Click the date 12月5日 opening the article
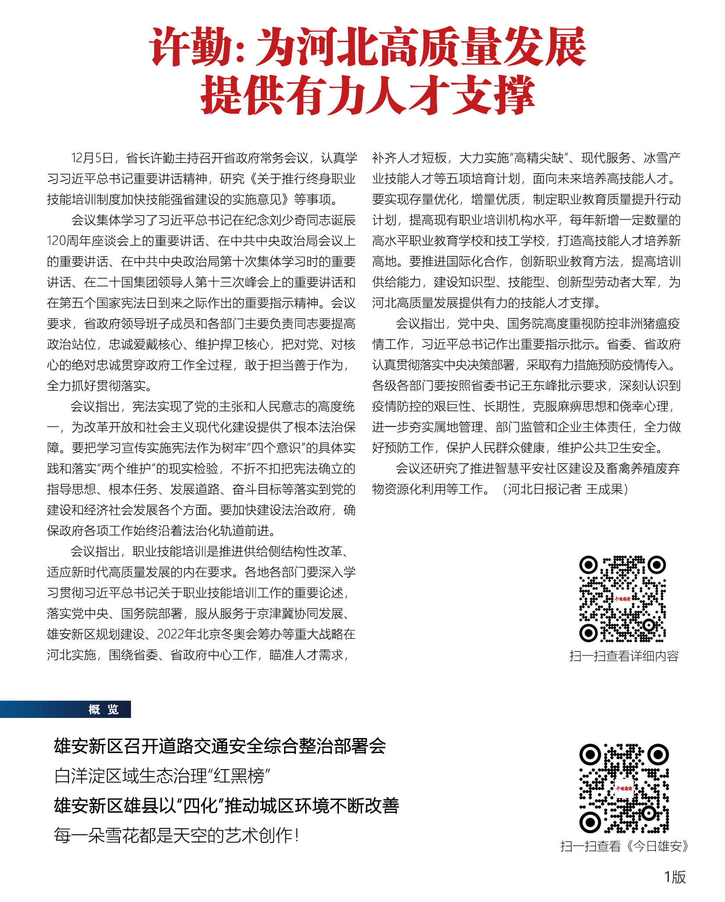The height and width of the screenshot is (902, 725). (92, 158)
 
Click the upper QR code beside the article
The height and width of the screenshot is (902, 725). (622, 599)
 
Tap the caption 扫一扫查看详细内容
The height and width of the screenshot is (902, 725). (624, 656)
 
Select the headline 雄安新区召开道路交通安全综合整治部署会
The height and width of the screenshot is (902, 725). (220, 746)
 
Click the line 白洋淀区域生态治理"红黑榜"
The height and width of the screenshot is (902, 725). (162, 776)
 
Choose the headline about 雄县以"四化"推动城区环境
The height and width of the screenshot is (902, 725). (226, 806)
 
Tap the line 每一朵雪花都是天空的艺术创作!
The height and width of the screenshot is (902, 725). (177, 836)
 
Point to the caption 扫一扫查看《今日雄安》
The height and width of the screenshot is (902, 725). (624, 846)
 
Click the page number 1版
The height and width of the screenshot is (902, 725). (675, 877)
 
